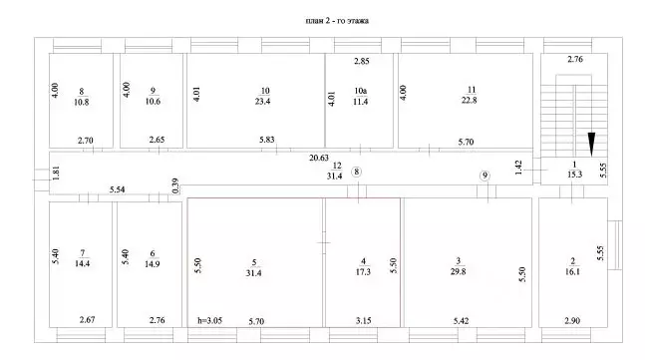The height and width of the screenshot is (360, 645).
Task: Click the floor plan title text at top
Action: pyautogui.click(x=337, y=21)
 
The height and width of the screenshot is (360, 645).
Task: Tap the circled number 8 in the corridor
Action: pyautogui.click(x=357, y=172)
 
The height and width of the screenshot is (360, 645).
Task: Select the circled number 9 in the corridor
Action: pyautogui.click(x=484, y=176)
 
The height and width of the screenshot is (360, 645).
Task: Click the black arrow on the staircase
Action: pyautogui.click(x=591, y=145)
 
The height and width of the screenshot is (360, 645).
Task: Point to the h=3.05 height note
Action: pyautogui.click(x=209, y=320)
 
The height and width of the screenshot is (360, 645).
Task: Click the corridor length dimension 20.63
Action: pyautogui.click(x=319, y=158)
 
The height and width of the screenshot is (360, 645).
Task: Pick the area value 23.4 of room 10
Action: pyautogui.click(x=262, y=101)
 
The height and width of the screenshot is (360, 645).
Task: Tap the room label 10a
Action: pyautogui.click(x=360, y=91)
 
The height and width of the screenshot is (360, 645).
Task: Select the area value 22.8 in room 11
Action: pyautogui.click(x=469, y=100)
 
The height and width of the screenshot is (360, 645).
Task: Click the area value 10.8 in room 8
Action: pyautogui.click(x=82, y=102)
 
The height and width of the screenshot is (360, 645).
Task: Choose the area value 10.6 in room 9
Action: pyautogui.click(x=153, y=101)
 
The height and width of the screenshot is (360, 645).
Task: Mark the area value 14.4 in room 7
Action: pyautogui.click(x=83, y=263)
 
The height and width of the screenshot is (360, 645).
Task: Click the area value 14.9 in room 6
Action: pyautogui.click(x=153, y=264)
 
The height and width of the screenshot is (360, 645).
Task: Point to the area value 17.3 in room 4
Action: pyautogui.click(x=363, y=272)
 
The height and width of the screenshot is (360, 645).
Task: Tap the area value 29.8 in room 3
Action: pyautogui.click(x=458, y=271)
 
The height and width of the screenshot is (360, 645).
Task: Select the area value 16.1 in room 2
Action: pyautogui.click(x=572, y=272)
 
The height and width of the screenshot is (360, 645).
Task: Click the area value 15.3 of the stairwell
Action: pyautogui.click(x=574, y=175)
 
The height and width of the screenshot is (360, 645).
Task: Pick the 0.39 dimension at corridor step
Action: pyautogui.click(x=175, y=185)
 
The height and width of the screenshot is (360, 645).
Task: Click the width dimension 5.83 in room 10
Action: pyautogui.click(x=267, y=140)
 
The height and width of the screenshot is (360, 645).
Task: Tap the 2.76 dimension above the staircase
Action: pyautogui.click(x=575, y=59)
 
